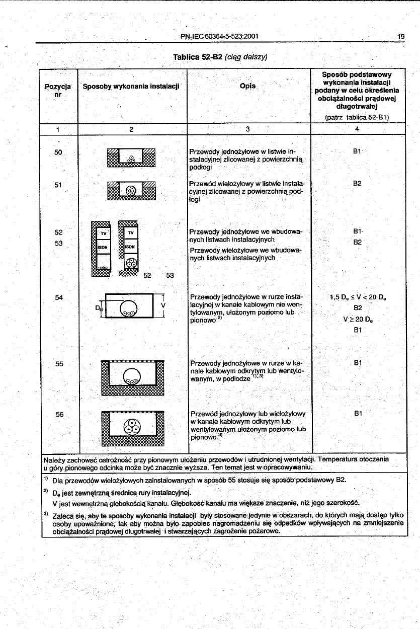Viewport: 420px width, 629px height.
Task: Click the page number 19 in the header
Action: point(400,36)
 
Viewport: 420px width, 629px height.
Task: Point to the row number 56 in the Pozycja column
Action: point(59,414)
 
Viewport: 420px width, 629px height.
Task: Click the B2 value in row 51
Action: point(357,184)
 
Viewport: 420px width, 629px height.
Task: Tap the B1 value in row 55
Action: point(358,362)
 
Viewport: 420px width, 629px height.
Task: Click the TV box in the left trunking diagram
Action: point(103,233)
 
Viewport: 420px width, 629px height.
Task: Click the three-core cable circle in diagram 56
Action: point(132,427)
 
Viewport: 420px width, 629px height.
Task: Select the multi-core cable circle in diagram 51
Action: point(131,191)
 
